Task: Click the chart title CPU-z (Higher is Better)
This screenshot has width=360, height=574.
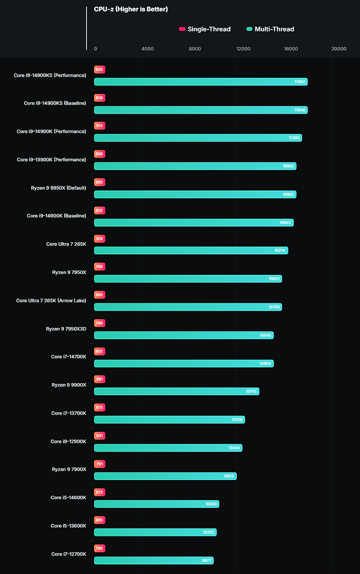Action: (x=131, y=9)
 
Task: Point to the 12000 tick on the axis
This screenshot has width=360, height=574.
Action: (x=243, y=49)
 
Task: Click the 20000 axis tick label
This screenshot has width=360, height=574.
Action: (x=339, y=49)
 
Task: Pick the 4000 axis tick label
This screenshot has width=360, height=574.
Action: (x=147, y=49)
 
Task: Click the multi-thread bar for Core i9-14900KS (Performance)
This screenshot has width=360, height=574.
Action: (x=200, y=82)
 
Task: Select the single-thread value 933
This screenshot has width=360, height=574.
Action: (x=99, y=69)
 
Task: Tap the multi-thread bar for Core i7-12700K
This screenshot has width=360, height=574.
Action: (x=153, y=560)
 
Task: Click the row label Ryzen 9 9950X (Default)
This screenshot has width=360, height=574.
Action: (x=59, y=188)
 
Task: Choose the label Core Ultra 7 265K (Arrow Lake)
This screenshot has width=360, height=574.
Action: (x=51, y=300)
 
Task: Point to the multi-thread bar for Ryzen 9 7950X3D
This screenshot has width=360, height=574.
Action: (x=183, y=335)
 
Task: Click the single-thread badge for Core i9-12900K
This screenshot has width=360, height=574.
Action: (x=99, y=436)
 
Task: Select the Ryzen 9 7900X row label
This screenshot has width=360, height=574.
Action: (x=69, y=469)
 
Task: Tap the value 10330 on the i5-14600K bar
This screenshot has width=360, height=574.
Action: (x=211, y=504)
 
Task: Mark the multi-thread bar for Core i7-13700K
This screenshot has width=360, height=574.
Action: (x=169, y=420)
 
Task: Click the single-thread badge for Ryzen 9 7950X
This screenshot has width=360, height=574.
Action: (x=99, y=267)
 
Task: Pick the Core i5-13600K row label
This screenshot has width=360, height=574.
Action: (x=68, y=525)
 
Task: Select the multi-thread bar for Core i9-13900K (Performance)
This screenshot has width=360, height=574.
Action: (x=195, y=166)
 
